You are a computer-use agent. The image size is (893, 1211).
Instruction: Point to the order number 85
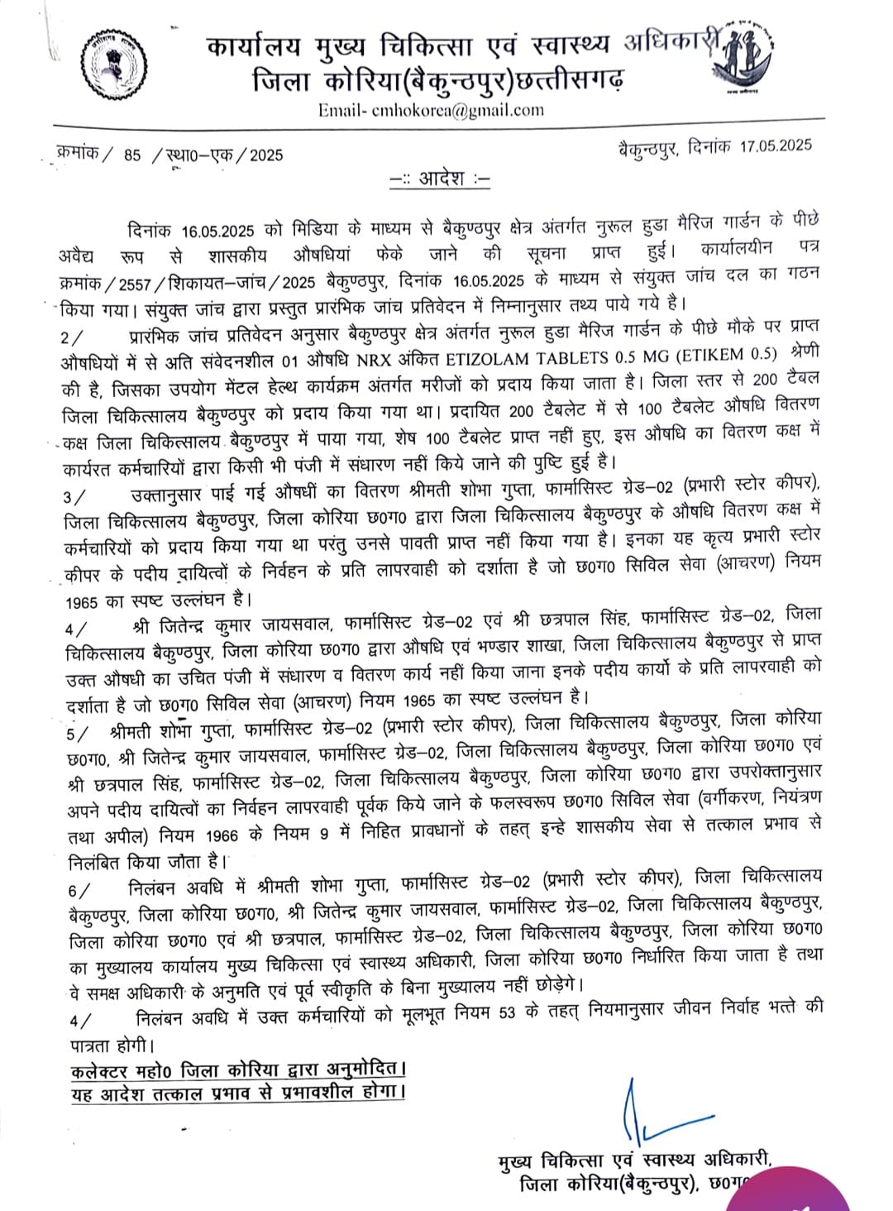pos(132,155)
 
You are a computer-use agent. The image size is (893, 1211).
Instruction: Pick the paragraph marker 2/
pos(72,338)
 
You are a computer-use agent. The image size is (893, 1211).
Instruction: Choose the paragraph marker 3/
pos(72,496)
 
